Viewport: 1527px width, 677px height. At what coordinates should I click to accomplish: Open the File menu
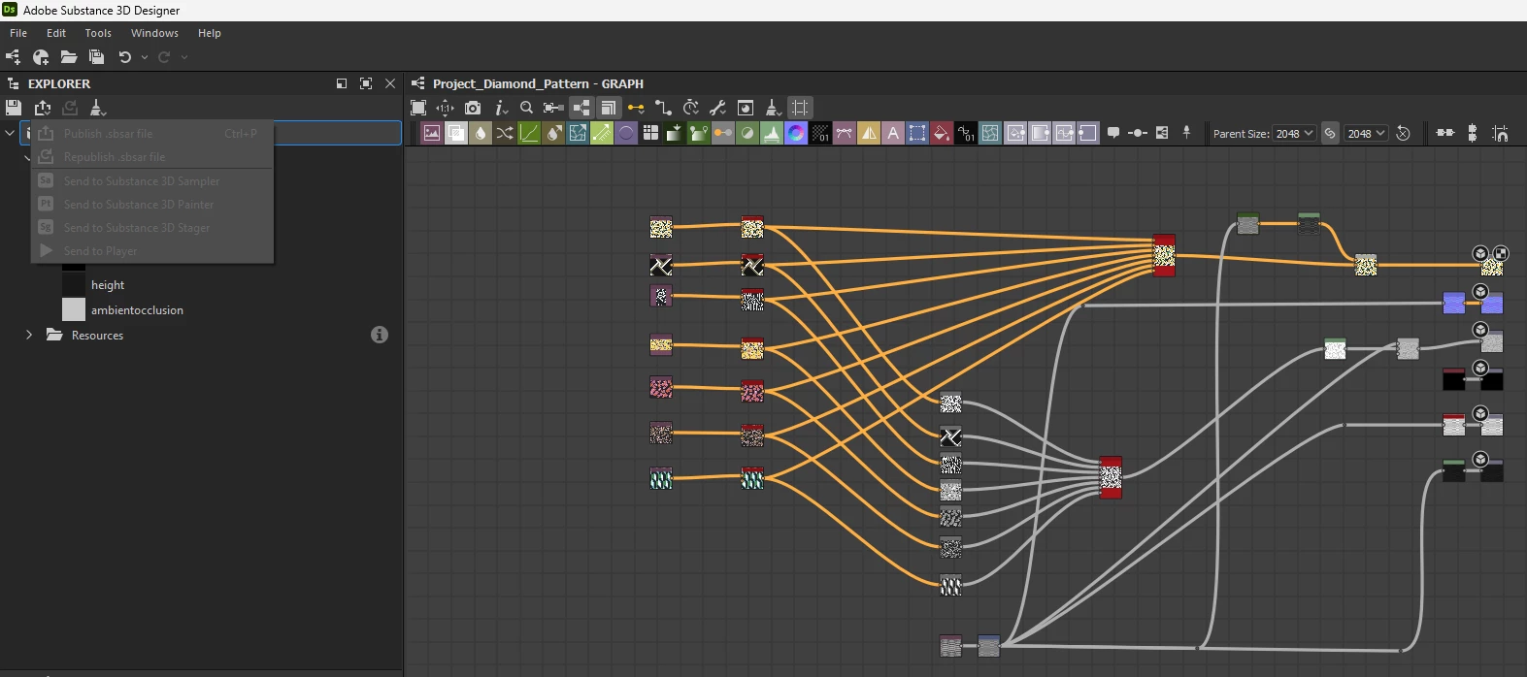(x=18, y=33)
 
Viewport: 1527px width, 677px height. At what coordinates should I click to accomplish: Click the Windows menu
(x=154, y=33)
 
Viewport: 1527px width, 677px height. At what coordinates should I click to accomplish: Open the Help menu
(x=210, y=33)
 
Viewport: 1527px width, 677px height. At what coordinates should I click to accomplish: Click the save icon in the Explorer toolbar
(x=14, y=108)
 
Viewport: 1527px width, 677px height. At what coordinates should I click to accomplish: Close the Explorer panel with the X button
(x=390, y=83)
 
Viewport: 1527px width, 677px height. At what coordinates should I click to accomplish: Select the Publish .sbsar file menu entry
(x=108, y=134)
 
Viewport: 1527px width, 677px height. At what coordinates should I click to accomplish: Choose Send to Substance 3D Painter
(x=138, y=205)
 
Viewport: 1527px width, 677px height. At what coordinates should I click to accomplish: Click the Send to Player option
(x=100, y=251)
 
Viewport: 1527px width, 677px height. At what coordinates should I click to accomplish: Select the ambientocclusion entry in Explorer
(x=137, y=310)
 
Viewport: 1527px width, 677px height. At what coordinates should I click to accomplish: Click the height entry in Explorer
(x=108, y=285)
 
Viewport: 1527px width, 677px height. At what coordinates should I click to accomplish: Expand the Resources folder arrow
(x=29, y=335)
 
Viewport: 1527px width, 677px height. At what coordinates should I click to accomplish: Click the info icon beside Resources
(x=380, y=335)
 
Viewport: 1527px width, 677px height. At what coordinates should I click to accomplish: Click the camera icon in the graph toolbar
(x=473, y=108)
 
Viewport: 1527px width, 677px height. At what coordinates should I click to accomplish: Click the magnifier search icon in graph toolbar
(x=526, y=108)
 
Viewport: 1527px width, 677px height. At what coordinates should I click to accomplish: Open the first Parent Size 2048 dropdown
(x=1294, y=134)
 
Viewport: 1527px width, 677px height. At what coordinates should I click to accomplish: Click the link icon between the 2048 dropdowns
(x=1330, y=134)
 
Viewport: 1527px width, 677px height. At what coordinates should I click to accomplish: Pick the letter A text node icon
(x=893, y=134)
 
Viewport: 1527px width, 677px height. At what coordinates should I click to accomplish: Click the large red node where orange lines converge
(x=1164, y=255)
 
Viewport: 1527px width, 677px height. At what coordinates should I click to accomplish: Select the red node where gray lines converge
(x=1111, y=477)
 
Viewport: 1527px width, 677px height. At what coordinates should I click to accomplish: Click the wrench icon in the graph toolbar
(x=718, y=108)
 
